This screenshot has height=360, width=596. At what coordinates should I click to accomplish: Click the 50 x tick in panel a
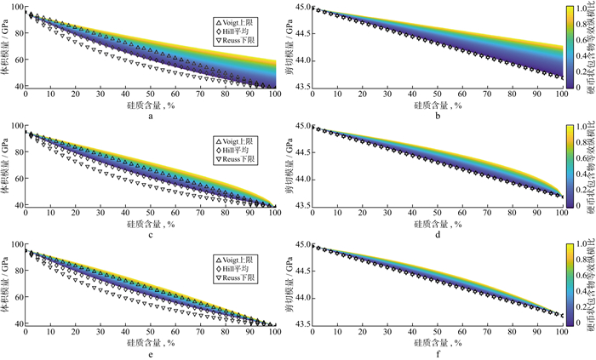click(x=149, y=94)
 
